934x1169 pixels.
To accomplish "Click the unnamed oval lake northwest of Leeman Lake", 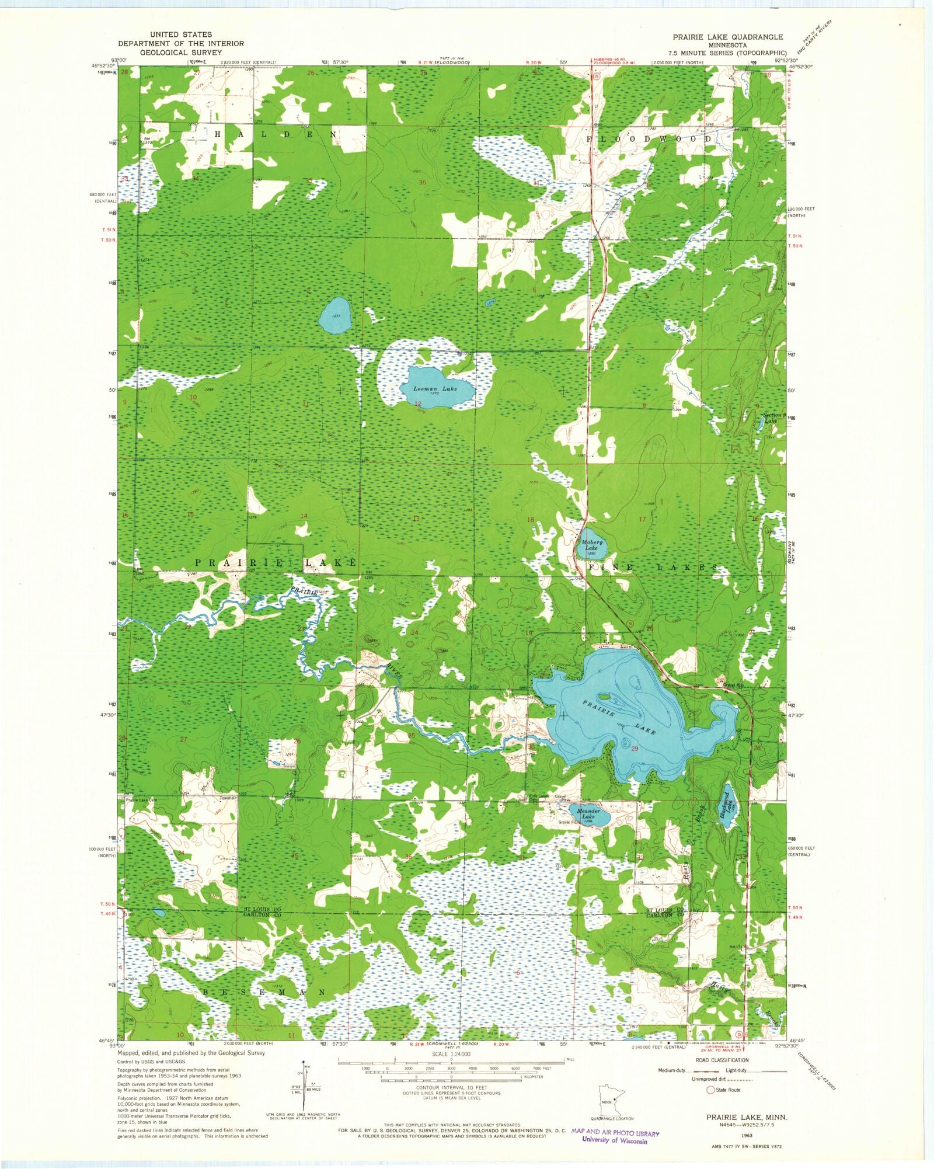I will pyautogui.click(x=334, y=314).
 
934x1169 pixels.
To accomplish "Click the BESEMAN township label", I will pyautogui.click(x=264, y=992).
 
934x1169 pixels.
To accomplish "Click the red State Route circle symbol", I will pyautogui.click(x=710, y=1090).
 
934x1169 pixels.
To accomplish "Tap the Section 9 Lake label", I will pyautogui.click(x=775, y=418).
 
